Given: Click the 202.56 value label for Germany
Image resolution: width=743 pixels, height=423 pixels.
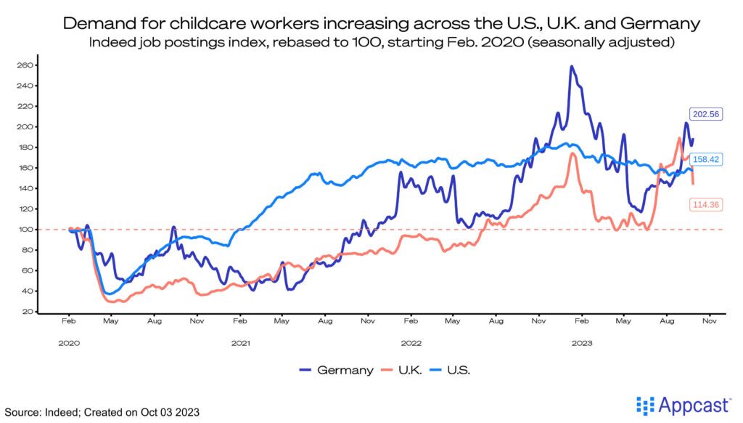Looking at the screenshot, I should pos(704,113).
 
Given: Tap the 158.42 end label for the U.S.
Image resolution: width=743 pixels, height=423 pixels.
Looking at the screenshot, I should pos(704,159).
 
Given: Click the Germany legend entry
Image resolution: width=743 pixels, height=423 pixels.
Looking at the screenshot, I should pos(336,370).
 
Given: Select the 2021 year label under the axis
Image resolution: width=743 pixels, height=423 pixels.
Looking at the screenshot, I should pos(239,342).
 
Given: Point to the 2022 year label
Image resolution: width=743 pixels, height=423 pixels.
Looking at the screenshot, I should pos(411,342).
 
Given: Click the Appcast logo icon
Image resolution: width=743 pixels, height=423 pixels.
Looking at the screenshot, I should pos(644,405).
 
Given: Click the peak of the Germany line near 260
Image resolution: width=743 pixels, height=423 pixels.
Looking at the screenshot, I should pos(572,67).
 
